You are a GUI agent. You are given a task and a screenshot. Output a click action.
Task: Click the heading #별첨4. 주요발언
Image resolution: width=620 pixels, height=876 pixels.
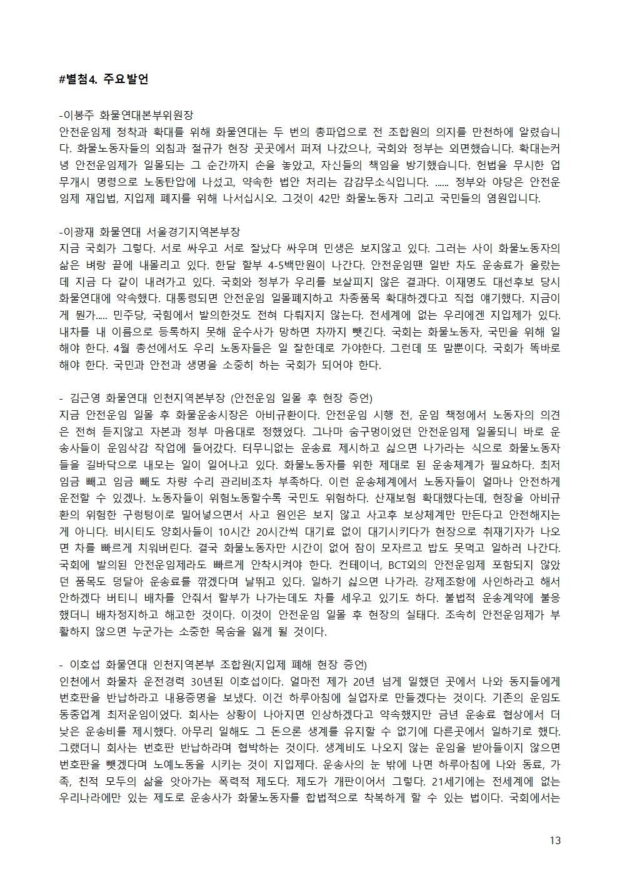103,79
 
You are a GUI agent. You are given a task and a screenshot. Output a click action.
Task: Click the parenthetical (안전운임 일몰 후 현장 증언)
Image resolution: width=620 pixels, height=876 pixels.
302,398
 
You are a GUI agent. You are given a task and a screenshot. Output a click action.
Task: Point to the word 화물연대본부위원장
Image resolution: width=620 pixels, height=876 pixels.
147,116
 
